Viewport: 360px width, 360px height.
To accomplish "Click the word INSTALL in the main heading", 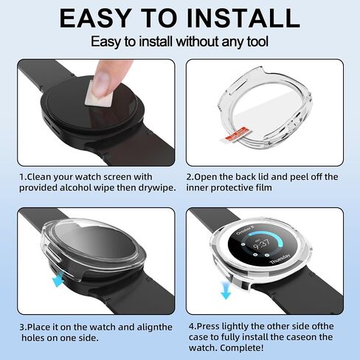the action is (x=243, y=18).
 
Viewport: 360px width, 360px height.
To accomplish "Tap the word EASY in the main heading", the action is (x=94, y=18).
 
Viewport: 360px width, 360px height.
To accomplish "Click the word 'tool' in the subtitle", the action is (x=257, y=41).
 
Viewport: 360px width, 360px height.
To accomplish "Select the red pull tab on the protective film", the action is (x=233, y=135).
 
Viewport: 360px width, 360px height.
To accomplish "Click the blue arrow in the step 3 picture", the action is (x=58, y=278).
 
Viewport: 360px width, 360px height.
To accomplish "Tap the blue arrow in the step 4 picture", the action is (x=226, y=290).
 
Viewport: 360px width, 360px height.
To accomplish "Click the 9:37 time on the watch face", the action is (x=261, y=244).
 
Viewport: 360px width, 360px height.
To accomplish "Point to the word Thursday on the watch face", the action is (x=280, y=259).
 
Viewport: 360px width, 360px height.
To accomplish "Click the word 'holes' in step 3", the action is (x=32, y=338).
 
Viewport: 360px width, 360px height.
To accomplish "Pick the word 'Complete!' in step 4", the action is (x=242, y=347).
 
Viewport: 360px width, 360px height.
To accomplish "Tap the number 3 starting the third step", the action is (x=22, y=328).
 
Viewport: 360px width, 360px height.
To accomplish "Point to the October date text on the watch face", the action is (x=245, y=231).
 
